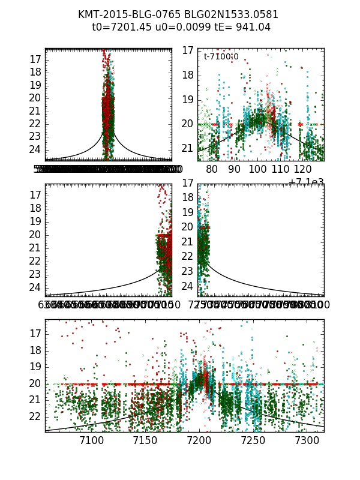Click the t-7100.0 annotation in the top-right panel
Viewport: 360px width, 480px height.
[221, 57]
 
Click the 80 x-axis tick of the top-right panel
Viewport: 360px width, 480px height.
[212, 170]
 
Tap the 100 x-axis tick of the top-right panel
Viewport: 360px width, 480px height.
[259, 170]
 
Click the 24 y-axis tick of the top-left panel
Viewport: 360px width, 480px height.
[35, 149]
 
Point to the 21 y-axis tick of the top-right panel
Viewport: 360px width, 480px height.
[187, 148]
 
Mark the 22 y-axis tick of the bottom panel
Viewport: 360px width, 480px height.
[35, 416]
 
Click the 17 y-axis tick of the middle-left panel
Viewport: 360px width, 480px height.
[35, 195]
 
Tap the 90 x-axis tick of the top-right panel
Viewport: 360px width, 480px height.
[235, 170]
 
